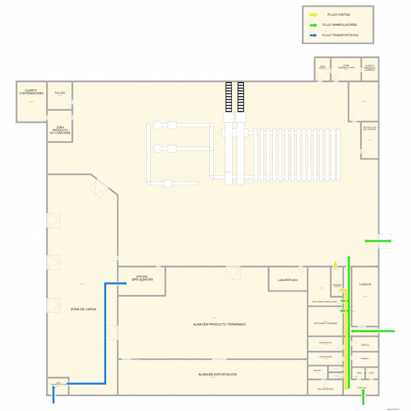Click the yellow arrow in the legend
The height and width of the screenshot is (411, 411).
coord(313,15)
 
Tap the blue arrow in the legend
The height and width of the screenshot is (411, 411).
coord(313,35)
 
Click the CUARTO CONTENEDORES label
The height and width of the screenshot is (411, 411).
coord(31,92)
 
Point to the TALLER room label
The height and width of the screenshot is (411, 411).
coord(60,93)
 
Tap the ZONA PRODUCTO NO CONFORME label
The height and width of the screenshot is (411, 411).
coord(60,130)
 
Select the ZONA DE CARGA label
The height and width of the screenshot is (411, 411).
coord(83,310)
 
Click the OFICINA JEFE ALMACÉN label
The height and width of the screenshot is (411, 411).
coord(141,278)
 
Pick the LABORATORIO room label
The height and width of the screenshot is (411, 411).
coord(288,280)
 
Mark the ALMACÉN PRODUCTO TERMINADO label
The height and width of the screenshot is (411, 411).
coord(219,324)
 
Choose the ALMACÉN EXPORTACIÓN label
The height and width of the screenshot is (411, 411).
coord(217,374)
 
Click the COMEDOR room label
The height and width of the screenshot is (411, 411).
coord(365,284)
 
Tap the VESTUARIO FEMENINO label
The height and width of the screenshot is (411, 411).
coord(325,323)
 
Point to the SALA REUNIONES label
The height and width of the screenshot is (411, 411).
coord(325,389)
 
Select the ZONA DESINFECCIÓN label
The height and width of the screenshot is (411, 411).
coord(346,67)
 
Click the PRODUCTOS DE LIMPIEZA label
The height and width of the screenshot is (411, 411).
coord(369,129)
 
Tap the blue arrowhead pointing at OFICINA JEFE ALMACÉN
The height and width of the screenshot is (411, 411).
coord(116,284)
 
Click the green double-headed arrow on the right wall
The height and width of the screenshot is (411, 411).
coord(378,241)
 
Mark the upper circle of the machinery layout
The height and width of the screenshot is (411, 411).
coord(158,125)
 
